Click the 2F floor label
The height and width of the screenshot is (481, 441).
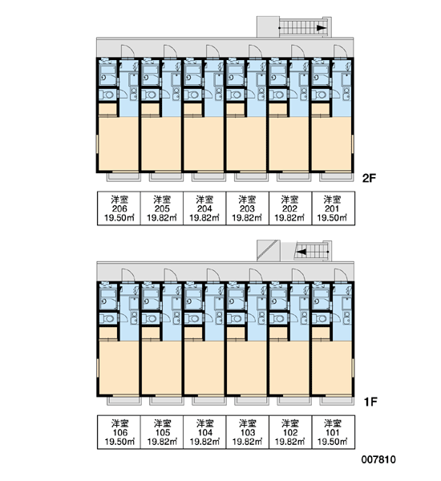click(369, 178)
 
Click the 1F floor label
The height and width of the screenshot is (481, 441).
click(370, 402)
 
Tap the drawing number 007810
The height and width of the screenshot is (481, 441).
click(378, 459)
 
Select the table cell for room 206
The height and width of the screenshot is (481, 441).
click(119, 208)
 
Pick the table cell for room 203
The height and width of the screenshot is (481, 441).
click(247, 208)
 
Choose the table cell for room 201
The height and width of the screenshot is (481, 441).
click(334, 208)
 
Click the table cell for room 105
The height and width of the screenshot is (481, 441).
click(162, 433)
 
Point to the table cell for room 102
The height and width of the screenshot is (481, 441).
click(290, 433)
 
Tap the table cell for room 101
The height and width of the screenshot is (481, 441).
click(334, 433)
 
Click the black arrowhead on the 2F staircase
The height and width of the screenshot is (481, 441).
click(322, 28)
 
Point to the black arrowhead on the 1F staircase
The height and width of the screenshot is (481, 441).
click(301, 252)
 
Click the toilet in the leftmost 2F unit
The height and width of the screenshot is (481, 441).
click(107, 95)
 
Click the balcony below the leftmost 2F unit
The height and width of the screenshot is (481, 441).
click(123, 177)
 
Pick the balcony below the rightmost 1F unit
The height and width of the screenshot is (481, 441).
click(337, 401)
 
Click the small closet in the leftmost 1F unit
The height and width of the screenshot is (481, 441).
click(107, 333)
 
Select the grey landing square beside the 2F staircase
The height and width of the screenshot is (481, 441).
click(268, 26)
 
